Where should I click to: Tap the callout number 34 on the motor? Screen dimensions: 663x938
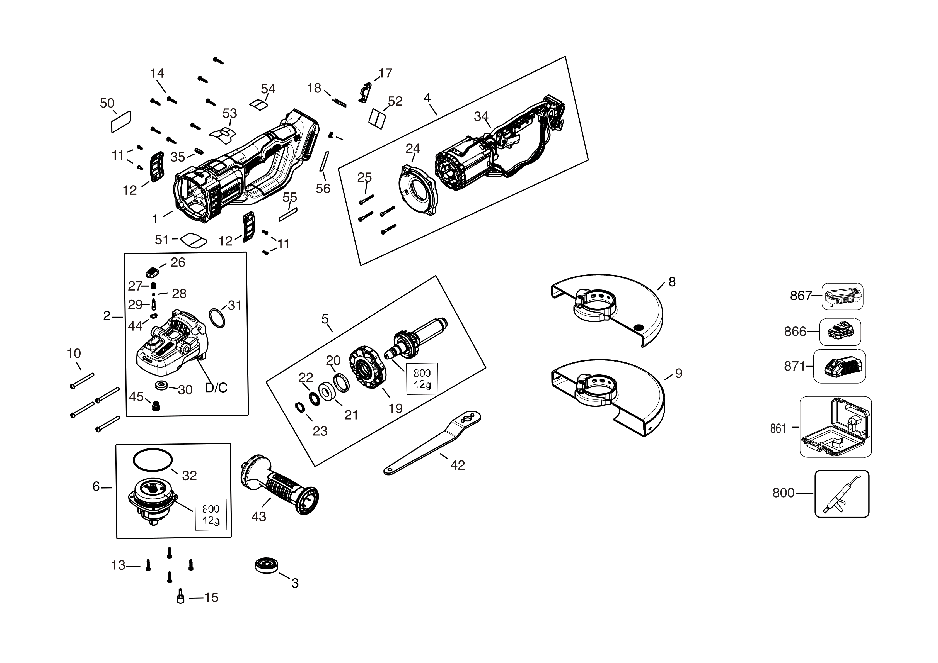click(481, 116)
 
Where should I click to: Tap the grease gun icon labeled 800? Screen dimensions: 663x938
click(842, 494)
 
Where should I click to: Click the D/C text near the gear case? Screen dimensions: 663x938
click(216, 387)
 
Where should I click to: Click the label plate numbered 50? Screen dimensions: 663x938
click(121, 122)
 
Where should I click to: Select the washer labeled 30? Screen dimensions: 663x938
click(162, 385)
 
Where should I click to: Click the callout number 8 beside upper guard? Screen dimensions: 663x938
click(672, 282)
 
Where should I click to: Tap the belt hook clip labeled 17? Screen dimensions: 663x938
click(366, 92)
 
